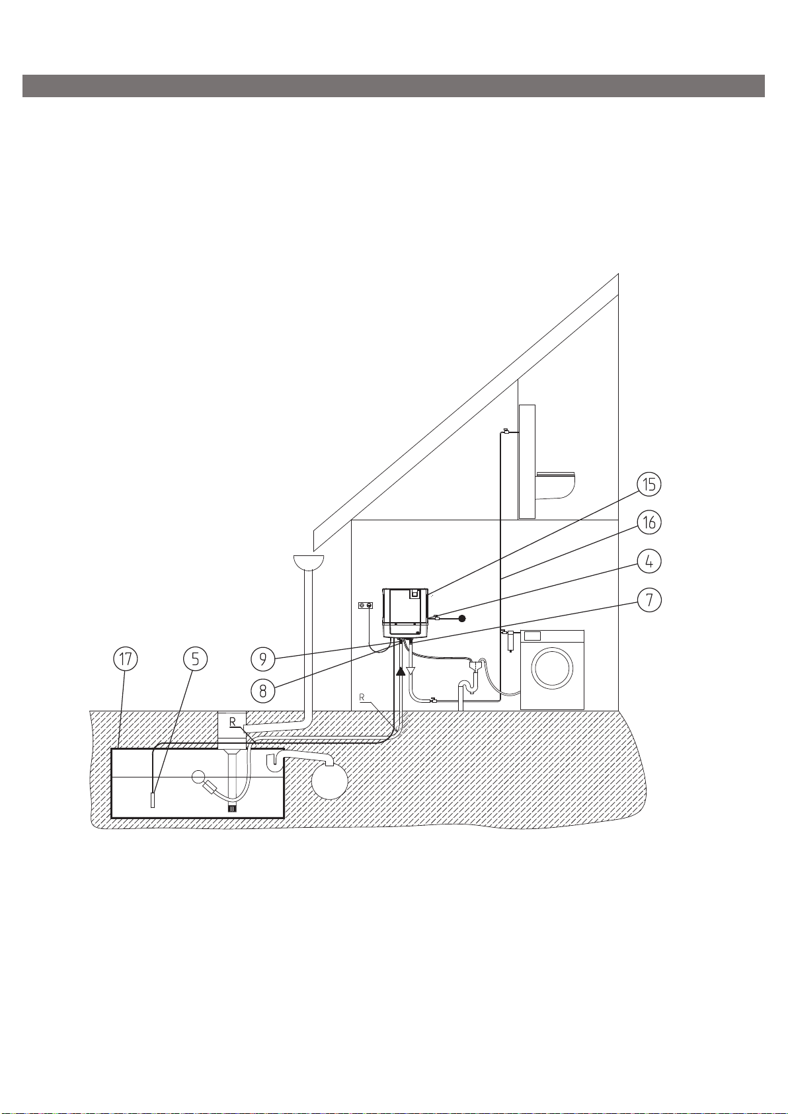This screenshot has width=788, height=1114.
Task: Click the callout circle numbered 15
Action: click(x=649, y=484)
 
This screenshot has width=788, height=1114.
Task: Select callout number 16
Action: click(x=649, y=522)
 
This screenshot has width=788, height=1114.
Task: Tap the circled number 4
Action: click(x=649, y=561)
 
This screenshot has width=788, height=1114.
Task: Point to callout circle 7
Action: click(x=649, y=599)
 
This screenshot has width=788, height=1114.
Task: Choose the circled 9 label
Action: click(x=263, y=659)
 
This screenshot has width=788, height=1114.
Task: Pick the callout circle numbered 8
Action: click(x=263, y=690)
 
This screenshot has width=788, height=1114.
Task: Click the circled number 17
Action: click(x=126, y=659)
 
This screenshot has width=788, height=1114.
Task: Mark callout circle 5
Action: click(x=195, y=659)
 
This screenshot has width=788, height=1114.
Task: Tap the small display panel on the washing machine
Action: click(x=532, y=635)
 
